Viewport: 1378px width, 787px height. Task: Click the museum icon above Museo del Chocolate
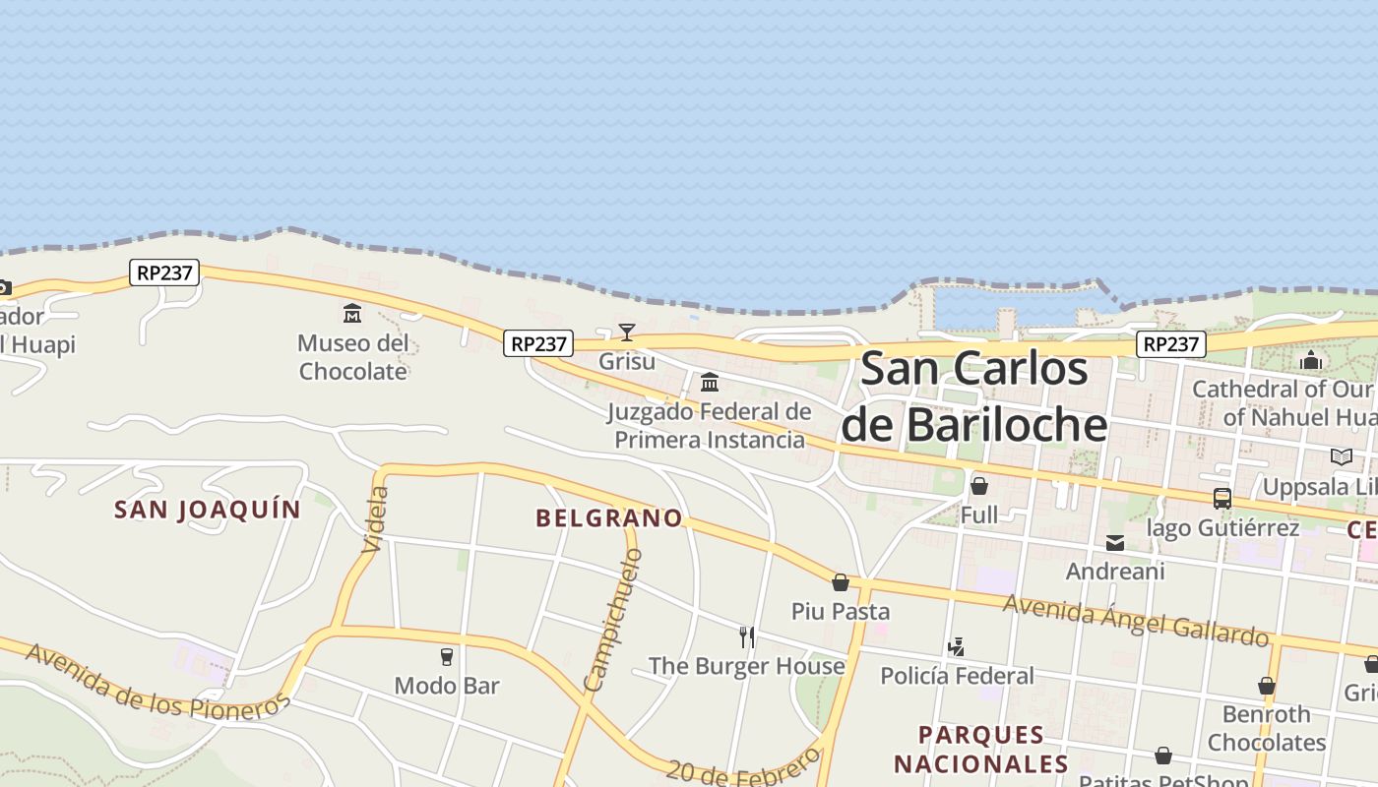(x=351, y=314)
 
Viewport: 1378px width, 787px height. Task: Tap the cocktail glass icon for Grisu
(x=626, y=332)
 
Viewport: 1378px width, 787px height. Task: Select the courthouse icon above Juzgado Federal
(x=709, y=382)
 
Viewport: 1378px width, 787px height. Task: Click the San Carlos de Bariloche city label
(x=974, y=397)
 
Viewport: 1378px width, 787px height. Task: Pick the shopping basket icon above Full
(x=978, y=486)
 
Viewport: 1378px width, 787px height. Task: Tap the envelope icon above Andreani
(x=1114, y=542)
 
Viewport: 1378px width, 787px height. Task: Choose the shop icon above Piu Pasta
(x=840, y=582)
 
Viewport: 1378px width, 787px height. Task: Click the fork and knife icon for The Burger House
(x=747, y=637)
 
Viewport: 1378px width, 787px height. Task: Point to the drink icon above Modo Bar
(x=447, y=656)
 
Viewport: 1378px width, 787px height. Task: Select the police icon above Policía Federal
(x=956, y=646)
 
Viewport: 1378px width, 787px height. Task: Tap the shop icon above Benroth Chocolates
(x=1266, y=686)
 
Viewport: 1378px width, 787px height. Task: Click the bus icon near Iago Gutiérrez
(x=1221, y=499)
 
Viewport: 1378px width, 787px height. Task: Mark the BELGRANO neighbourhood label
(x=608, y=517)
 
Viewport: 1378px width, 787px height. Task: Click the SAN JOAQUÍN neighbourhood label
(x=207, y=510)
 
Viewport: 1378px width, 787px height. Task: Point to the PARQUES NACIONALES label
(x=980, y=749)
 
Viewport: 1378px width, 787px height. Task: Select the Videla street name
(x=376, y=518)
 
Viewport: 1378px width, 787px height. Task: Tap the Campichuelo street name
(x=612, y=621)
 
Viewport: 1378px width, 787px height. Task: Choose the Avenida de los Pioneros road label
(x=157, y=682)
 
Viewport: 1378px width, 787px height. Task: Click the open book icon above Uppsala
(x=1341, y=456)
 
